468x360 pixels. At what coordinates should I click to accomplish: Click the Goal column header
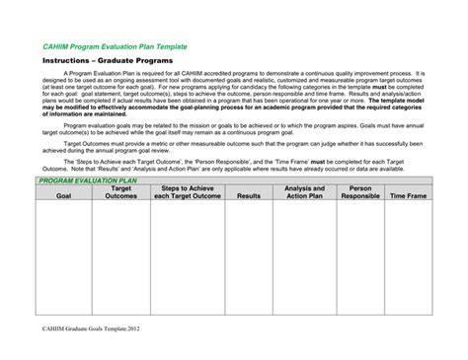click(63, 196)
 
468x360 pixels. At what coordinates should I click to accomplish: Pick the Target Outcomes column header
click(120, 192)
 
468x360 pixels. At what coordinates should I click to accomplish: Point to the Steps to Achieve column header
click(188, 192)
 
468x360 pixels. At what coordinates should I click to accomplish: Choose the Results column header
click(249, 196)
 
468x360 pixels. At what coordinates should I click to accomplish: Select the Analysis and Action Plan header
click(304, 192)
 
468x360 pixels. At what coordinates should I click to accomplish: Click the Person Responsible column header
click(360, 192)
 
